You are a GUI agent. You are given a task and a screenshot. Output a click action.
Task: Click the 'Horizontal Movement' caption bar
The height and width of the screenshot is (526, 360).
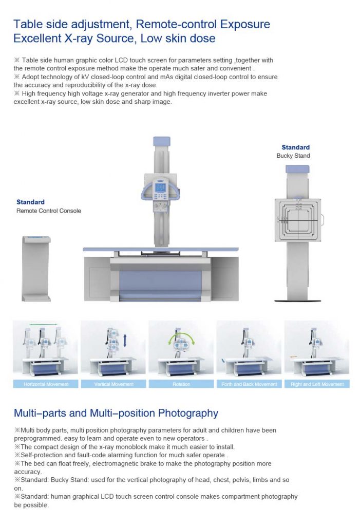click(46, 384)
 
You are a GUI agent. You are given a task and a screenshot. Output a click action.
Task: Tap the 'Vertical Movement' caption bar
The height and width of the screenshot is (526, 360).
click(113, 384)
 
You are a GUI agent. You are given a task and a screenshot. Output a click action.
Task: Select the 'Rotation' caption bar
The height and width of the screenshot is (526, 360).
click(181, 384)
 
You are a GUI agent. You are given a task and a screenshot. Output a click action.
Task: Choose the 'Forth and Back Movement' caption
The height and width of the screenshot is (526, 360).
click(249, 384)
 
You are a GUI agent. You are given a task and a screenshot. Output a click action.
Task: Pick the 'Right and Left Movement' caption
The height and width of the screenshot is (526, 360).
click(317, 384)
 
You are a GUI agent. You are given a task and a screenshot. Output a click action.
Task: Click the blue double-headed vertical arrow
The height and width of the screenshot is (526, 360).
click(125, 340)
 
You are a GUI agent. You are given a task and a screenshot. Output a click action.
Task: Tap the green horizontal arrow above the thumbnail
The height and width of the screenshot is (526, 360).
click(43, 325)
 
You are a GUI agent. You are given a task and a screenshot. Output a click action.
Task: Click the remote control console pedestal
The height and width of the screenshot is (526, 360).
click(36, 268)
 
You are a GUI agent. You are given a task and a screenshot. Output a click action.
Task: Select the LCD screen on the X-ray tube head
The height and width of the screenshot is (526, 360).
click(160, 187)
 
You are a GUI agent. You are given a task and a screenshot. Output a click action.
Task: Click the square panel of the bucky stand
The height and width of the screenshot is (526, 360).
click(298, 220)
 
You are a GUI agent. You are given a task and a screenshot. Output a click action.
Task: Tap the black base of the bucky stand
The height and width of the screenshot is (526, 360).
click(297, 300)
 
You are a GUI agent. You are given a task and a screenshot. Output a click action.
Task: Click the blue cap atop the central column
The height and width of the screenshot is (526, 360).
click(162, 141)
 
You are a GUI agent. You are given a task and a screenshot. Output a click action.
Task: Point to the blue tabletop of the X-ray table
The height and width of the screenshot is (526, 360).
click(161, 249)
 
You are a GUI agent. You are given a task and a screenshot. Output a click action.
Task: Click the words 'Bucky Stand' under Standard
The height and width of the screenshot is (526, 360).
click(293, 156)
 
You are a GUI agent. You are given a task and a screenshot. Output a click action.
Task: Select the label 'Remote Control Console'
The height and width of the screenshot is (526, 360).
click(49, 211)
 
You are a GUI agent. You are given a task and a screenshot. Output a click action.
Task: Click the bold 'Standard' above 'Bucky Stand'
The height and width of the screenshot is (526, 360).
click(296, 147)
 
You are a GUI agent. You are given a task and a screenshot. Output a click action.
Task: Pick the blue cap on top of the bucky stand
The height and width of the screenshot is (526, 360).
click(297, 169)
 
